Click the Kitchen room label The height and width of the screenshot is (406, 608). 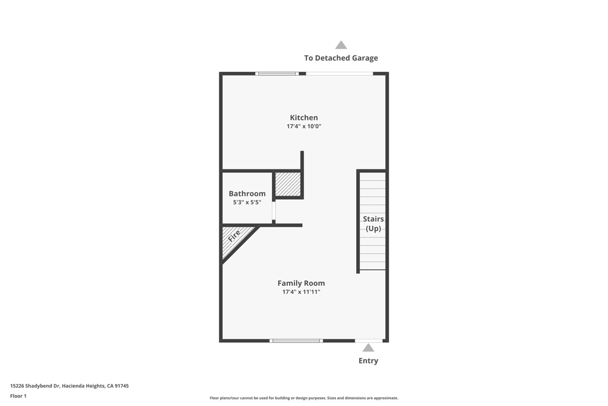pos(303,118)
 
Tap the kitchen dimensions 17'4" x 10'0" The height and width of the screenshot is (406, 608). pos(303,127)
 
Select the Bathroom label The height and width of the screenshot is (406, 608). pos(247,194)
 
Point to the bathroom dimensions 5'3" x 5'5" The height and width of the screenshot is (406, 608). pos(247,203)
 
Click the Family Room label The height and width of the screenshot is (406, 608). pos(301,284)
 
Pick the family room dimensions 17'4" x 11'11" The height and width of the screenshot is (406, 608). pos(301,292)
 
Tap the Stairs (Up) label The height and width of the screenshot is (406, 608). pos(373,224)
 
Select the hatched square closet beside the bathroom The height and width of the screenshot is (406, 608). pos(288,184)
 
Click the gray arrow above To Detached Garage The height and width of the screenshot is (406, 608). pos(341,45)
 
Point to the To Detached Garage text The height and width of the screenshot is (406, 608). pos(341,58)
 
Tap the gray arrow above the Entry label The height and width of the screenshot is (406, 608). pos(368,348)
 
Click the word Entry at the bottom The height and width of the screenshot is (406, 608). pos(368,361)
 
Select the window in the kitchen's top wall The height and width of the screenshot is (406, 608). pos(277,74)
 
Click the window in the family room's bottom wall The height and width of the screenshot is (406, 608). pos(296,341)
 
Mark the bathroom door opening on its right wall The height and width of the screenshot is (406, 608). pos(274,211)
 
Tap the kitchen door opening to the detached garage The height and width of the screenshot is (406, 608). pos(339,74)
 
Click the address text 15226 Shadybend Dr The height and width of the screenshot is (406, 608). pos(69,386)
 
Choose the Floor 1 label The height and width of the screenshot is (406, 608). pos(18,396)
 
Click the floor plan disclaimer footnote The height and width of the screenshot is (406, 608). pos(303,398)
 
